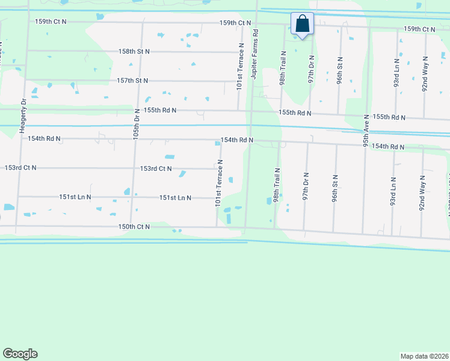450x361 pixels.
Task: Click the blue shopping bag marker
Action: pyautogui.click(x=303, y=25)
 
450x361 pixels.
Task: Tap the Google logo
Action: pyautogui.click(x=20, y=354)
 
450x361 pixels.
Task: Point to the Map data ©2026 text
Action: pyautogui.click(x=425, y=356)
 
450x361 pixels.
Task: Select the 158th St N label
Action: pyautogui.click(x=134, y=52)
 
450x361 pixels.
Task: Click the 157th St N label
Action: pyautogui.click(x=132, y=81)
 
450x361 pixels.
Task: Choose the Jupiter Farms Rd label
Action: pyautogui.click(x=255, y=52)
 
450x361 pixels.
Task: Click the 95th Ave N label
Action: pyautogui.click(x=366, y=131)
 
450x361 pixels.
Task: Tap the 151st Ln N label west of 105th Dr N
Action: pyautogui.click(x=75, y=197)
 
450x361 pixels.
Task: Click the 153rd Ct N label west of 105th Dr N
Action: pyautogui.click(x=20, y=168)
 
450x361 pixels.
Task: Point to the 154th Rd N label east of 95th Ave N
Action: pyautogui.click(x=387, y=147)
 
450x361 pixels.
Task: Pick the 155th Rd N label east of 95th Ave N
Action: pyautogui.click(x=389, y=117)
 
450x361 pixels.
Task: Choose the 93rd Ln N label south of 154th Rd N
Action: pyautogui.click(x=393, y=191)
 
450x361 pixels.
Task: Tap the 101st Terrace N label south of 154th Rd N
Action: pyautogui.click(x=220, y=183)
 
